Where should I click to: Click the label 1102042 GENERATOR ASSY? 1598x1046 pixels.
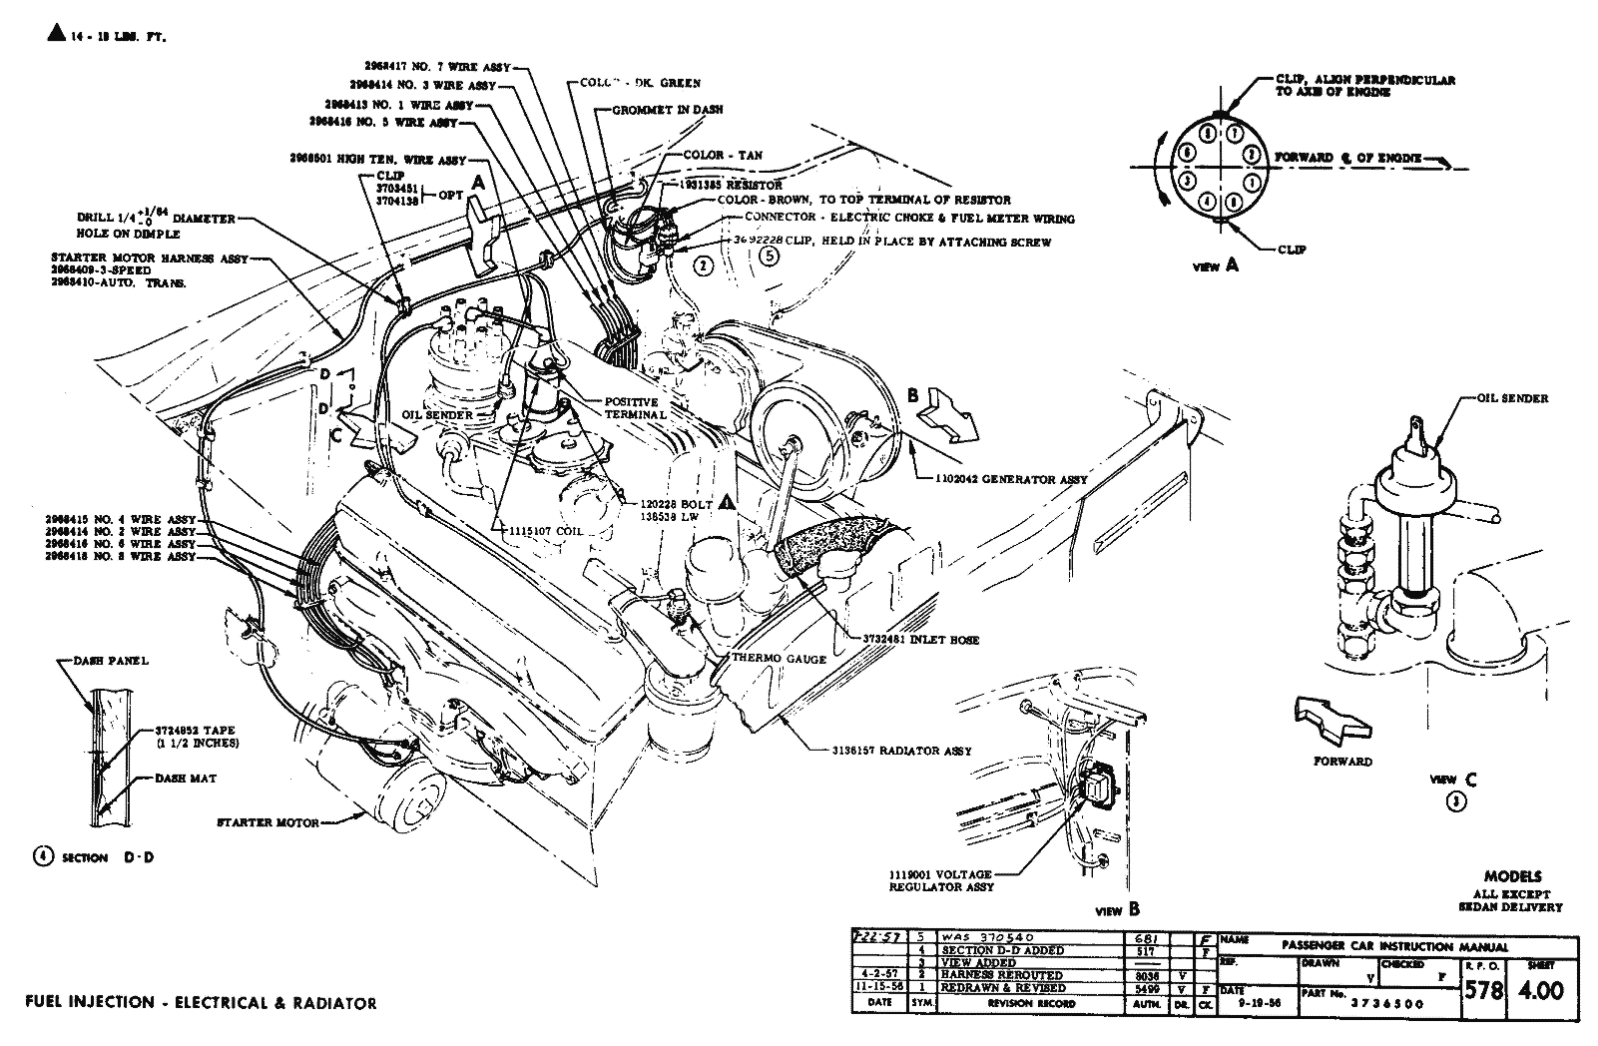coord(1009,480)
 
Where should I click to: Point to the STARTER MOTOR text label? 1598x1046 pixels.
coord(268,823)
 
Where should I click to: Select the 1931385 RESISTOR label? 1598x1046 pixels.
coord(732,186)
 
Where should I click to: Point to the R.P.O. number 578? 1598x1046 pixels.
coord(1483,990)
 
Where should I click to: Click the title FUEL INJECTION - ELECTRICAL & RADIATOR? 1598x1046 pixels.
coord(200,1003)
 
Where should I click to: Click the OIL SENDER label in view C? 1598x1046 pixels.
coord(1512,398)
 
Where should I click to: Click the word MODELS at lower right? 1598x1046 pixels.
coord(1511,876)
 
